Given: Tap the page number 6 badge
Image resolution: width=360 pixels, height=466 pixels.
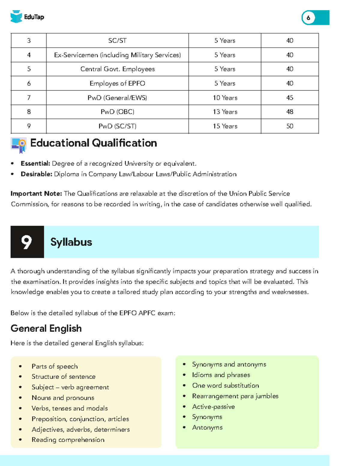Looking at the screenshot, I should [308, 18].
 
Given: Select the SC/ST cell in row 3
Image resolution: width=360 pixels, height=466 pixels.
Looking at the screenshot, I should [117, 41].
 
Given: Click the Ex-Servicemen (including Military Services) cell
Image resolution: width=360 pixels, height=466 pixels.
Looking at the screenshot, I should [117, 55].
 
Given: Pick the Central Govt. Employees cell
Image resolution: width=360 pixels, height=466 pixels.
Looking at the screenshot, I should [117, 69].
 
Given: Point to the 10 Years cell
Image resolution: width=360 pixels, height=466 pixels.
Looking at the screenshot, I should [225, 98].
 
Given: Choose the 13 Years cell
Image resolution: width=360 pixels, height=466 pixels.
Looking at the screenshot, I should [225, 112].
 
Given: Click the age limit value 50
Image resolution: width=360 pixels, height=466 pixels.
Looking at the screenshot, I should [289, 126].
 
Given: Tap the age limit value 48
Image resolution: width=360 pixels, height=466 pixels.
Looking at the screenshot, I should [289, 112].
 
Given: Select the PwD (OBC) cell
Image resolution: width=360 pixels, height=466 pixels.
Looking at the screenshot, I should [117, 112].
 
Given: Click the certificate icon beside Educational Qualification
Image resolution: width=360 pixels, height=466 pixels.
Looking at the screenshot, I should [19, 145].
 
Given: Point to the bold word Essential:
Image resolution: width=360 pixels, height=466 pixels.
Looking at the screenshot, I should [35, 164].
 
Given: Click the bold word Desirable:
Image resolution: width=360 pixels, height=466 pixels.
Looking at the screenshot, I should [36, 174].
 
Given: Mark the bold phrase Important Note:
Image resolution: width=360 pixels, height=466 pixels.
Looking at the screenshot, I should [36, 194].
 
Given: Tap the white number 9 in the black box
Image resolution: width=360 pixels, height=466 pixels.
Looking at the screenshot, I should [27, 242].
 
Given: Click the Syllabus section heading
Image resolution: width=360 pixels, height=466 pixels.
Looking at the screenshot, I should [71, 242].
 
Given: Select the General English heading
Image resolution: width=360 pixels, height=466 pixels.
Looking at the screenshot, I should [46, 328].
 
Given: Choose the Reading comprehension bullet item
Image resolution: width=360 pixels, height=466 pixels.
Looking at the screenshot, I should [68, 440].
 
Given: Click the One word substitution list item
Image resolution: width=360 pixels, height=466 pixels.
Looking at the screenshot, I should [225, 385].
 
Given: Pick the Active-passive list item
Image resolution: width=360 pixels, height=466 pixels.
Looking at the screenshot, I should [213, 407].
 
